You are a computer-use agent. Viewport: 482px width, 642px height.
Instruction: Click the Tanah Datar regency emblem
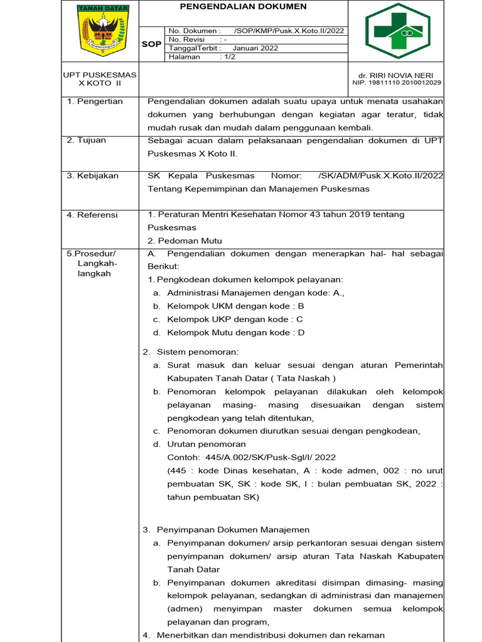coord(101,31)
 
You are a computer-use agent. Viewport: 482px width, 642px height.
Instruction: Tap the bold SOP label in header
coord(151,45)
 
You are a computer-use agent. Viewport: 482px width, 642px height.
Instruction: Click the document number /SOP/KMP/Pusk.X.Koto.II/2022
coord(289,31)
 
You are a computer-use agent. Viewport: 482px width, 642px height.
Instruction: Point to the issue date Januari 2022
coord(255,48)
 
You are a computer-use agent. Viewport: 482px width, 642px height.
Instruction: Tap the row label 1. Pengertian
coord(95,102)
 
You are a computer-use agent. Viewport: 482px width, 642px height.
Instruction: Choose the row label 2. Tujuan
coord(87,140)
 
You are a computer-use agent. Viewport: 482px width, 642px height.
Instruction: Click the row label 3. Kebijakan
coord(92,176)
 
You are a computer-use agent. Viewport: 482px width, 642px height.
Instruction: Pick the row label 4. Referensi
coord(92,215)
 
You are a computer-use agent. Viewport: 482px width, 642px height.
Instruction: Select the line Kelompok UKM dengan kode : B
coord(235,306)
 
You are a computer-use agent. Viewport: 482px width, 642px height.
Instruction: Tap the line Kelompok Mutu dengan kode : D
coord(235,333)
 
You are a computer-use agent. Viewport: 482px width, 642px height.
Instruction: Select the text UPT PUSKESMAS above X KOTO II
coord(100,75)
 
